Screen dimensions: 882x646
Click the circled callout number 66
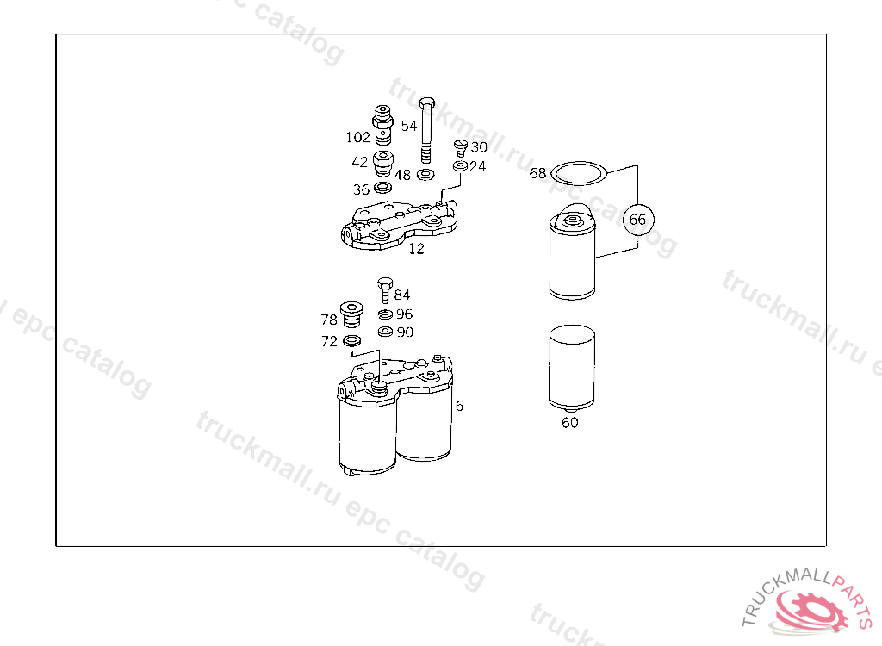[x=638, y=220]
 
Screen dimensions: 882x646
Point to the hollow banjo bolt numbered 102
[x=383, y=124]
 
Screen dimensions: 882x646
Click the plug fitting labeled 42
[x=383, y=163]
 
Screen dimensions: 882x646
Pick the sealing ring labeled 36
[x=383, y=188]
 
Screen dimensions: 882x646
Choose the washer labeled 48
[x=425, y=175]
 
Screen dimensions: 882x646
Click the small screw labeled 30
[x=461, y=148]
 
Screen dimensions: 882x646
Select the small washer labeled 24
[x=460, y=166]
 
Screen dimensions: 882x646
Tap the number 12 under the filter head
[x=416, y=248]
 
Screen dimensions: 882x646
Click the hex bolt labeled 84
[x=385, y=289]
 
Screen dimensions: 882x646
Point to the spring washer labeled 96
[x=385, y=314]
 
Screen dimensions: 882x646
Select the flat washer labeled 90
[x=385, y=332]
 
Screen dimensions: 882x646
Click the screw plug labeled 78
[x=351, y=314]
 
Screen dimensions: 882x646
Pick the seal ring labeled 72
[x=351, y=340]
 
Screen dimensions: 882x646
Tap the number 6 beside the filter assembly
[x=460, y=406]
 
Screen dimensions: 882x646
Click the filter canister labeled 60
[x=572, y=367]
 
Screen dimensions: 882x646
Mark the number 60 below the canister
[x=570, y=423]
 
